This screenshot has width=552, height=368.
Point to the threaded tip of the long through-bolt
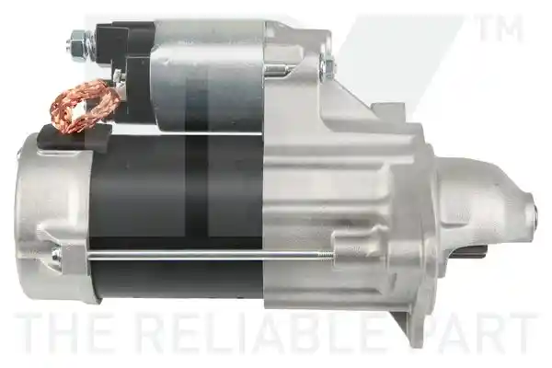326,254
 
